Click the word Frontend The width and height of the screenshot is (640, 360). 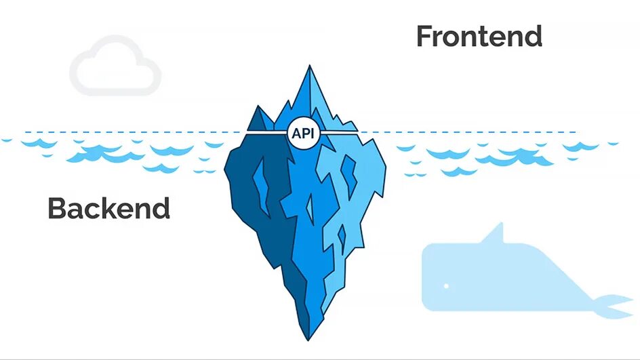479,37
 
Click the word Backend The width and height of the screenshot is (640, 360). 108,208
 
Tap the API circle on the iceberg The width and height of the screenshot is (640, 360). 302,134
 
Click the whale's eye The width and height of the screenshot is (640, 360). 446,286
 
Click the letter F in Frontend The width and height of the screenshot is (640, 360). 424,37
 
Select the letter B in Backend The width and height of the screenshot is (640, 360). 57,208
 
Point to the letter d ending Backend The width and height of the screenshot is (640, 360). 161,208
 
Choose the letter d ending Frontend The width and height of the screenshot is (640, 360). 534,37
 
